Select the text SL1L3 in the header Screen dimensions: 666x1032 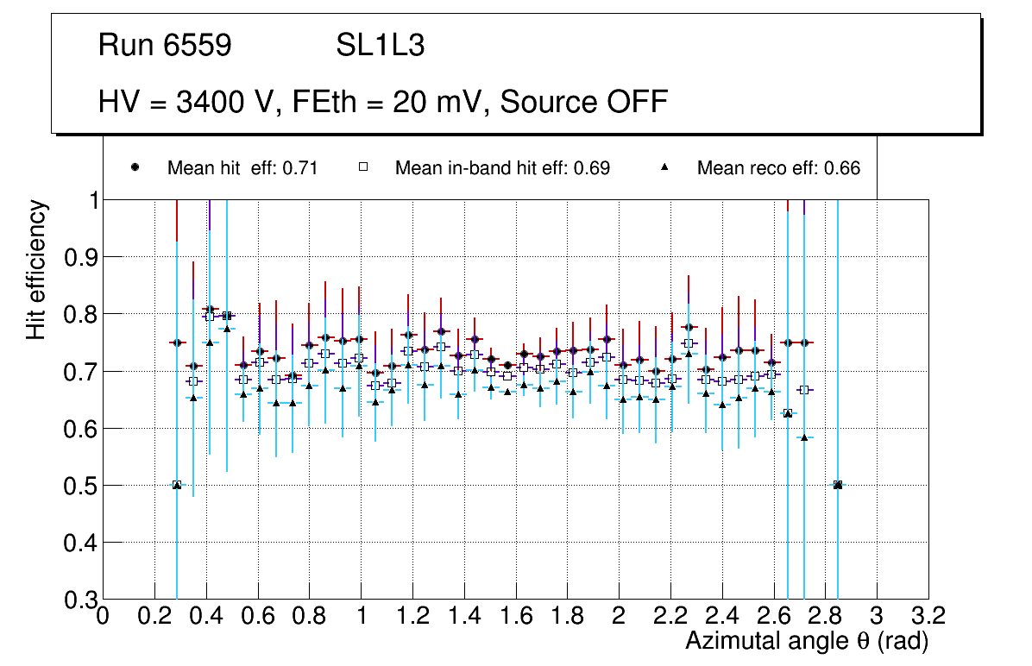pos(380,47)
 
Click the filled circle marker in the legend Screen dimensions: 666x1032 pos(135,167)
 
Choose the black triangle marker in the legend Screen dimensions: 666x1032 pos(665,167)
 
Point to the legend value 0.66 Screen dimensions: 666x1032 pos(842,168)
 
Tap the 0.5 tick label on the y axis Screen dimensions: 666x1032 pos(79,486)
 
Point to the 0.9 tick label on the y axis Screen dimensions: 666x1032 pos(79,257)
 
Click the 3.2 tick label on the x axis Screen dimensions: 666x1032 pos(928,617)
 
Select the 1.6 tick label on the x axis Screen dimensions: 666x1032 pos(515,617)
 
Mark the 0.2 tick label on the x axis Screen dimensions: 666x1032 pos(154,617)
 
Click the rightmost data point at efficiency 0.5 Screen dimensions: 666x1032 pos(837,485)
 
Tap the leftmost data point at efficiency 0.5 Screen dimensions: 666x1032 pos(177,485)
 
